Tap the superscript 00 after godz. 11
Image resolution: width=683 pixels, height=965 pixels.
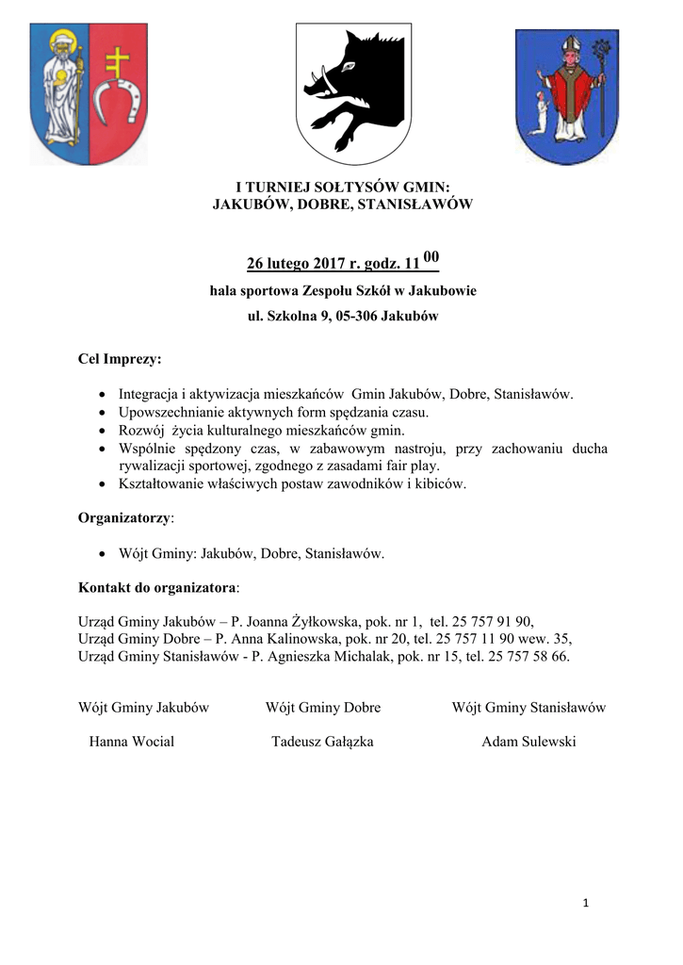pos(431,256)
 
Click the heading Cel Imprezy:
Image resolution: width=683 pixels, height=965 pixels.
pos(119,359)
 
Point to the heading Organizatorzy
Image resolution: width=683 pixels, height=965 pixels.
pos(124,517)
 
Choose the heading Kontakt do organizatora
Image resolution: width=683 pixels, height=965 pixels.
pos(156,587)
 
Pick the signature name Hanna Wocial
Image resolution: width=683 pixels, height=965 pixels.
pos(131,742)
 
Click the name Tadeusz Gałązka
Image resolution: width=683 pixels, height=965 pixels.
pos(322,742)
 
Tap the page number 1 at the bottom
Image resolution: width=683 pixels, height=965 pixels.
pos(585,904)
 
